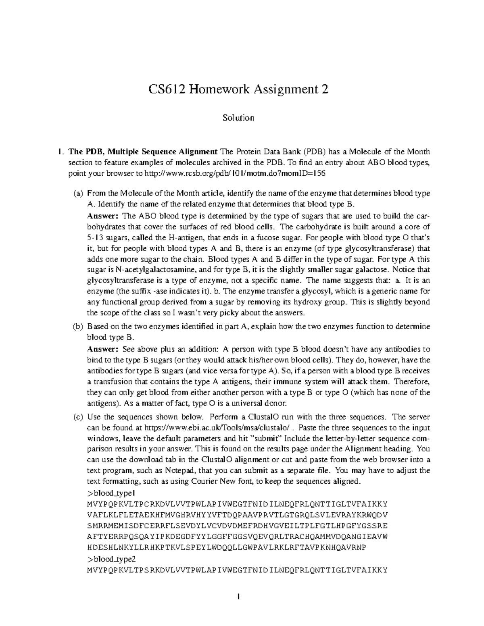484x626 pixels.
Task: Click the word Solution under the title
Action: pos(238,118)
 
